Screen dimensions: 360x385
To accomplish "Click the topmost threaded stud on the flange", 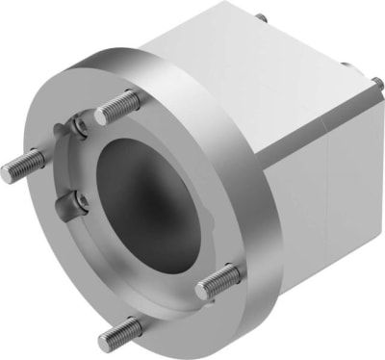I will (116, 106).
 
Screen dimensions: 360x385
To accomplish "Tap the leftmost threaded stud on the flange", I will (24, 166).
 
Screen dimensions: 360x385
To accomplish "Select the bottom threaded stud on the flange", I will (119, 333).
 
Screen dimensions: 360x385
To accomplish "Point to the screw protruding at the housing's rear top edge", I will (260, 16).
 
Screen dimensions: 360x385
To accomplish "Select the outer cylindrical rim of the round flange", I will (241, 193).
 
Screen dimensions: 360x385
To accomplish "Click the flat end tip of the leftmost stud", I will (8, 172).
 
